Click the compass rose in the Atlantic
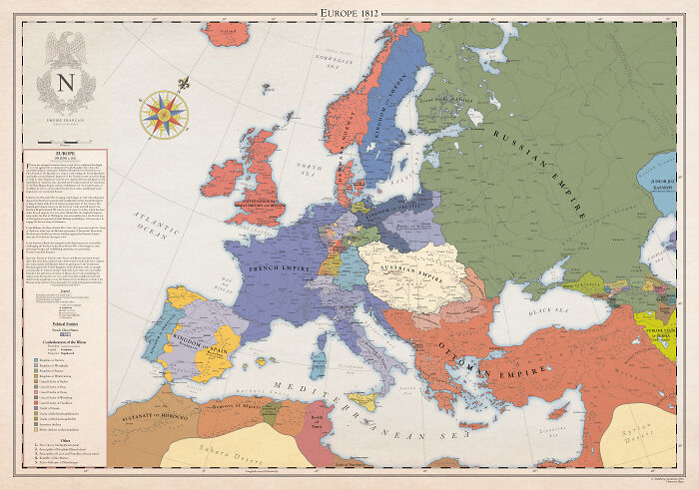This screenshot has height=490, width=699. click(x=164, y=112)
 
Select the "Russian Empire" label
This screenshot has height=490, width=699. click(x=544, y=170)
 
